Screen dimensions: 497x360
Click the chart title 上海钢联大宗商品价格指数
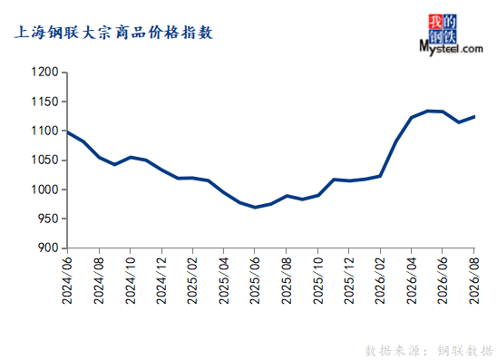click(113, 33)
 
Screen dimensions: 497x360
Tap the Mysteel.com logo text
click(451, 48)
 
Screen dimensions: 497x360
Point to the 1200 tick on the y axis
click(45, 73)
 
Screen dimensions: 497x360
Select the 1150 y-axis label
click(45, 102)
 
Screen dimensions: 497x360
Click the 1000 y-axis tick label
click(45, 190)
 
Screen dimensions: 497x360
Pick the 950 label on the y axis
click(48, 219)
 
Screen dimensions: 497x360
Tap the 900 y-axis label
click(48, 248)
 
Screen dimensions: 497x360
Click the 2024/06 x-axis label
click(67, 280)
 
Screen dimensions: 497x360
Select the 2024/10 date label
click(131, 280)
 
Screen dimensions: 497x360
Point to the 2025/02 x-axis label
click(192, 280)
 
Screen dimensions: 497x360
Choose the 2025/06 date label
click(255, 280)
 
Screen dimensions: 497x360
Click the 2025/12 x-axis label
click(348, 280)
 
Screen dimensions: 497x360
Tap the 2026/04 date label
click(411, 280)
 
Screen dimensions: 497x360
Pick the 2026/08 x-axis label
click(473, 280)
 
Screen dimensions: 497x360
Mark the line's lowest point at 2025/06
click(255, 208)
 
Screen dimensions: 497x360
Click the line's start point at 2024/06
click(68, 132)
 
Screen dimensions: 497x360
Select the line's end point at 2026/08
click(474, 117)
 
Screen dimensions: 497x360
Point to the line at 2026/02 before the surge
click(380, 176)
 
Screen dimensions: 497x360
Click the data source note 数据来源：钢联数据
click(429, 351)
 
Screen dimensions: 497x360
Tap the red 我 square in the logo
click(435, 22)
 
